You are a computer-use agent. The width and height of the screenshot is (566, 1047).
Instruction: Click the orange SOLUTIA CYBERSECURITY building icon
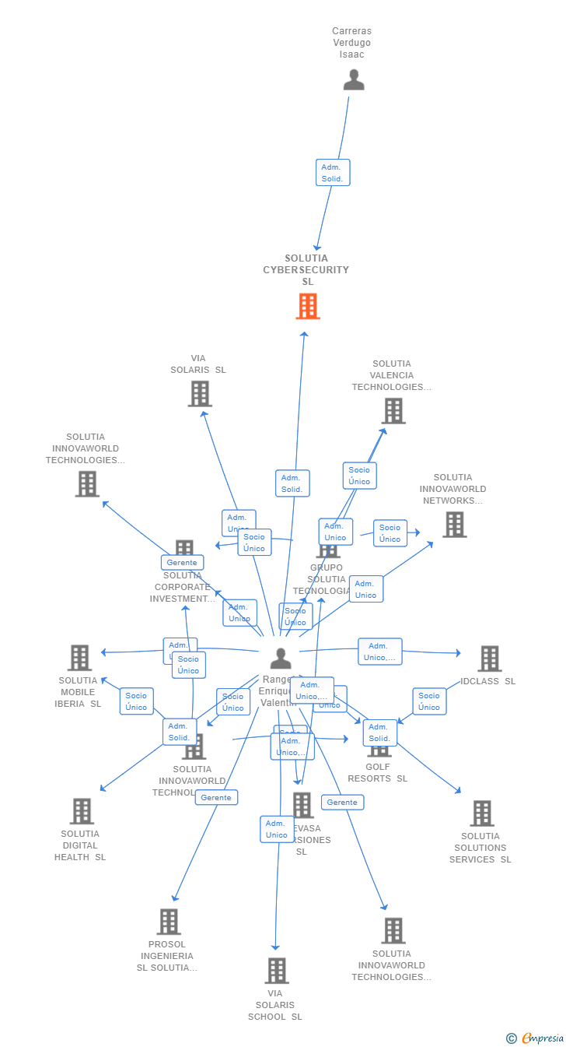click(x=308, y=306)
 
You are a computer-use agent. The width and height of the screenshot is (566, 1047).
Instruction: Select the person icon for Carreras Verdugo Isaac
click(x=354, y=79)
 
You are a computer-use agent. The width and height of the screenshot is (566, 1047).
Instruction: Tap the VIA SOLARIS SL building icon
click(x=200, y=394)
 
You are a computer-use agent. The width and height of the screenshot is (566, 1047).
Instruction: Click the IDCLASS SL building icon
click(x=489, y=659)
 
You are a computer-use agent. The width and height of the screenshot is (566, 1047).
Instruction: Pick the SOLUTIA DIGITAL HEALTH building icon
click(x=81, y=811)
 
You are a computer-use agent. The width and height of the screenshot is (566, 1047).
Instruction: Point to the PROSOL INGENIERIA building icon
click(x=169, y=922)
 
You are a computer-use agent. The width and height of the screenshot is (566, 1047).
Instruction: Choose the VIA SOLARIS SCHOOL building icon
click(x=277, y=971)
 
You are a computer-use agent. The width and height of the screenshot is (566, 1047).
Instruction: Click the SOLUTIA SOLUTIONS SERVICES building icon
click(x=482, y=813)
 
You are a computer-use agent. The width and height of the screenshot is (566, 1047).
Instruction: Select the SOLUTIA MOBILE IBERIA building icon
click(x=79, y=658)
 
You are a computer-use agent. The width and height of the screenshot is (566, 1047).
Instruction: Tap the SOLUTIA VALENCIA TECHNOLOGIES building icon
click(x=393, y=411)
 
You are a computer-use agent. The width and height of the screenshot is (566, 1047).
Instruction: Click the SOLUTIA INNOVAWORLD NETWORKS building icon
click(x=455, y=525)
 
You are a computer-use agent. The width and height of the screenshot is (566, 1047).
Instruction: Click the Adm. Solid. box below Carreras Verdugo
click(x=333, y=172)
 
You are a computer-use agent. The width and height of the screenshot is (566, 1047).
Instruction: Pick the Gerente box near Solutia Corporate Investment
click(x=182, y=562)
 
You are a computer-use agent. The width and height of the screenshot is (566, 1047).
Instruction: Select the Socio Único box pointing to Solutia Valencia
click(x=359, y=476)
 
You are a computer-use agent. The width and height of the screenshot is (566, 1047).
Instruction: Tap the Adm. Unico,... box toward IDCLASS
click(x=379, y=652)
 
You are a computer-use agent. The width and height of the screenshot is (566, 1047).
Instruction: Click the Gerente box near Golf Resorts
click(x=342, y=802)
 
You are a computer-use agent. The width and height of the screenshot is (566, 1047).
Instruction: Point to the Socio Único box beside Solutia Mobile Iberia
click(x=136, y=701)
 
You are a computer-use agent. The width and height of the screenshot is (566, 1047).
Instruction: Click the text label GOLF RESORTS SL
click(x=377, y=773)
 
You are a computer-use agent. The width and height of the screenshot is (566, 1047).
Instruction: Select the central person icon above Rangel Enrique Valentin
click(x=281, y=659)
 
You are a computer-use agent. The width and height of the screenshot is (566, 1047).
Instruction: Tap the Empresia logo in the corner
click(x=542, y=1038)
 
